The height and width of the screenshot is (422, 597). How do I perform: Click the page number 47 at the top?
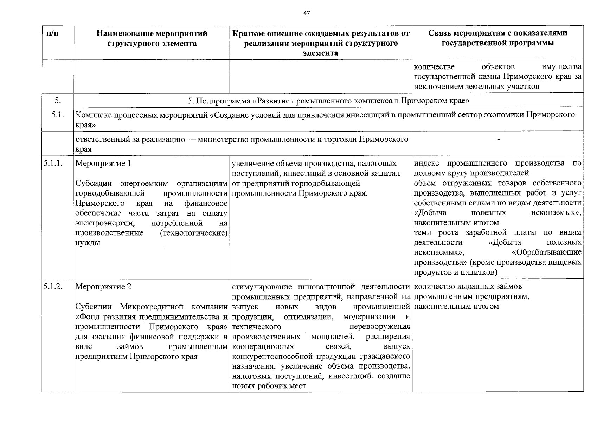(x=307, y=13)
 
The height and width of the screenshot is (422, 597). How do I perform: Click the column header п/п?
(x=52, y=34)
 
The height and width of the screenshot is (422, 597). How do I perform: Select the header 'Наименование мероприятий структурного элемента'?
(x=152, y=39)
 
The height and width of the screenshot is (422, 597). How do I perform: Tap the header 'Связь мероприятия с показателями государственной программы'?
(x=497, y=38)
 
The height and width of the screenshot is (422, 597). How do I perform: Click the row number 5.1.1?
(x=53, y=163)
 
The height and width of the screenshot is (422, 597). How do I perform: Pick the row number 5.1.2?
(x=53, y=287)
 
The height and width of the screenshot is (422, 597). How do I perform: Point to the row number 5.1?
(x=57, y=115)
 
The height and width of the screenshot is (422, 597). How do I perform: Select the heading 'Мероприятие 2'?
(x=103, y=287)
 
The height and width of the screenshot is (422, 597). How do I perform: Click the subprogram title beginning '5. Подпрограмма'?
(x=328, y=101)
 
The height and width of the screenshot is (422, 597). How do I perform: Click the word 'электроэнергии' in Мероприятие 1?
(x=106, y=223)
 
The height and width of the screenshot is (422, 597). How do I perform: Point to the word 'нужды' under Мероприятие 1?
(x=88, y=243)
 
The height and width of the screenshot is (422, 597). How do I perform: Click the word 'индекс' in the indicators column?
(x=426, y=163)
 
